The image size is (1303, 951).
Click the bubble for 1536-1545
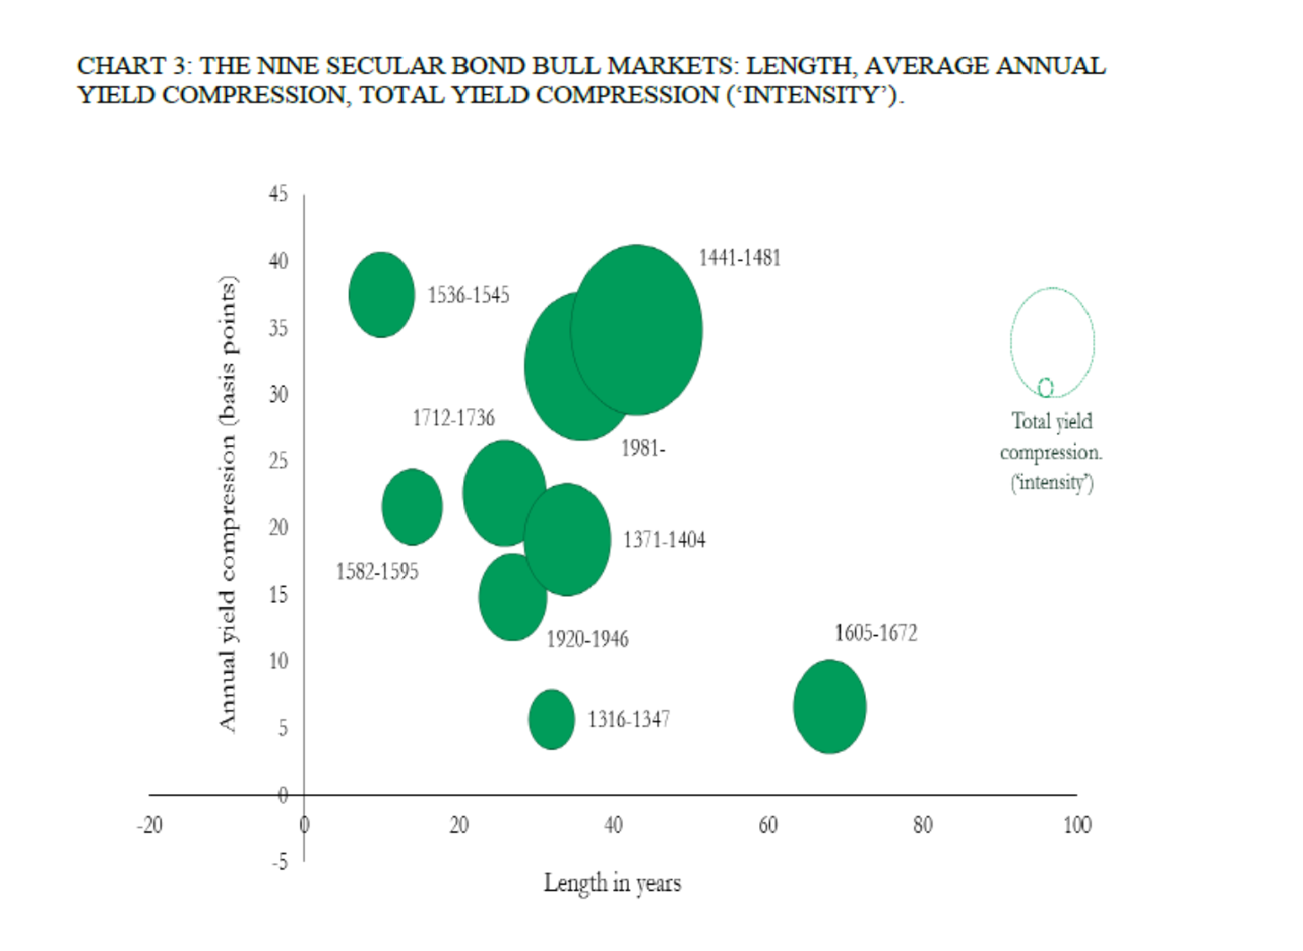[381, 294]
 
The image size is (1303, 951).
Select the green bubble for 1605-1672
[829, 706]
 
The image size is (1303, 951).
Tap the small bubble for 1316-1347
[551, 719]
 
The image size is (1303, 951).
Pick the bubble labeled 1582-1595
[412, 507]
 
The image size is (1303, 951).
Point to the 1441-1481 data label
[739, 258]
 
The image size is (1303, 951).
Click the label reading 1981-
[643, 448]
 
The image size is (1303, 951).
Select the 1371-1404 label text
[664, 540]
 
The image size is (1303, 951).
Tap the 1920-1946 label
[588, 639]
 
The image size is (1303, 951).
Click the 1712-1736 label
[453, 418]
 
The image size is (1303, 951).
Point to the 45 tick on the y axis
[278, 194]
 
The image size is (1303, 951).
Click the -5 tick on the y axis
[280, 861]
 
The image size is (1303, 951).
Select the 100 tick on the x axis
[1077, 825]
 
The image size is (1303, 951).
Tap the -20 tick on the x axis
[150, 825]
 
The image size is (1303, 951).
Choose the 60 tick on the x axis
[768, 825]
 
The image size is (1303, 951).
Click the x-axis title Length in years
[612, 883]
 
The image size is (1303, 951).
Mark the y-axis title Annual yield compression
[228, 502]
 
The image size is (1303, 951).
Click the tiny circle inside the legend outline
[1045, 388]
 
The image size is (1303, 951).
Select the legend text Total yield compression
[1052, 437]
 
